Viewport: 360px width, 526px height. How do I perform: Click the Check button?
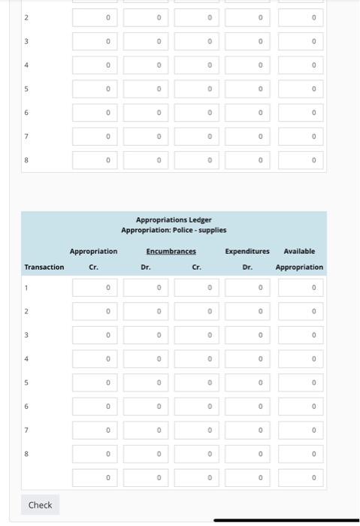pyautogui.click(x=40, y=505)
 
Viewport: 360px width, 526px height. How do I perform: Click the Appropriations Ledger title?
pyautogui.click(x=174, y=219)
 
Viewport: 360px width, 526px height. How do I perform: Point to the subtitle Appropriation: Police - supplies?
pyautogui.click(x=174, y=230)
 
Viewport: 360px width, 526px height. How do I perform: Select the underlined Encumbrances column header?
pyautogui.click(x=171, y=251)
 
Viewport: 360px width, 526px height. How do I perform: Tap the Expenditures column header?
pyautogui.click(x=247, y=251)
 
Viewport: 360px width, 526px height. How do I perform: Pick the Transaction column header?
pyautogui.click(x=44, y=267)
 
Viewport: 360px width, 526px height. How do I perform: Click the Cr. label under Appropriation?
pyautogui.click(x=94, y=267)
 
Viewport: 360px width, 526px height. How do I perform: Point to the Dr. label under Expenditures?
pyautogui.click(x=247, y=267)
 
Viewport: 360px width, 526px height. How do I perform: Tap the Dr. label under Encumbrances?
pyautogui.click(x=145, y=267)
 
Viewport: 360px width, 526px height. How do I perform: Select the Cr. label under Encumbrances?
pyautogui.click(x=196, y=267)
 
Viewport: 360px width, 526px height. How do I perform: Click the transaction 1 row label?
pyautogui.click(x=26, y=287)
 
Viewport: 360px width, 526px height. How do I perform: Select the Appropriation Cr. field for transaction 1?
pyautogui.click(x=95, y=287)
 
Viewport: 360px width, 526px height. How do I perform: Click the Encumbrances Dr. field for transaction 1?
pyautogui.click(x=146, y=287)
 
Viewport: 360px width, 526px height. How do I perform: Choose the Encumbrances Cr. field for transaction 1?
pyautogui.click(x=197, y=287)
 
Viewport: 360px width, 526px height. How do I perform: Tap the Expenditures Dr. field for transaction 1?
pyautogui.click(x=247, y=287)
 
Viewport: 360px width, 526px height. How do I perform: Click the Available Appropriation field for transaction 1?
pyautogui.click(x=301, y=287)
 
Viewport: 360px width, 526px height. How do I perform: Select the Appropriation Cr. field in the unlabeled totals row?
pyautogui.click(x=95, y=478)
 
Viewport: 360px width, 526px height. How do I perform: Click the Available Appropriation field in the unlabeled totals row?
pyautogui.click(x=301, y=478)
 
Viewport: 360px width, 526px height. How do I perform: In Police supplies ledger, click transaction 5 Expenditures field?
pyautogui.click(x=247, y=382)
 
